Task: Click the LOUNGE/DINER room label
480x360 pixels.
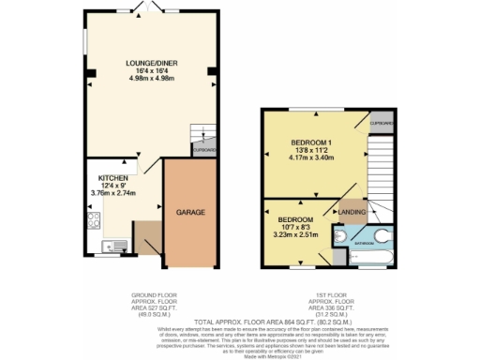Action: (x=152, y=63)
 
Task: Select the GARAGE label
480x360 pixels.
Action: (x=191, y=213)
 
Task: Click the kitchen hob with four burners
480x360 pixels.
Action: (x=95, y=221)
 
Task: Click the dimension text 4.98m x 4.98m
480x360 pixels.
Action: (x=152, y=80)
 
